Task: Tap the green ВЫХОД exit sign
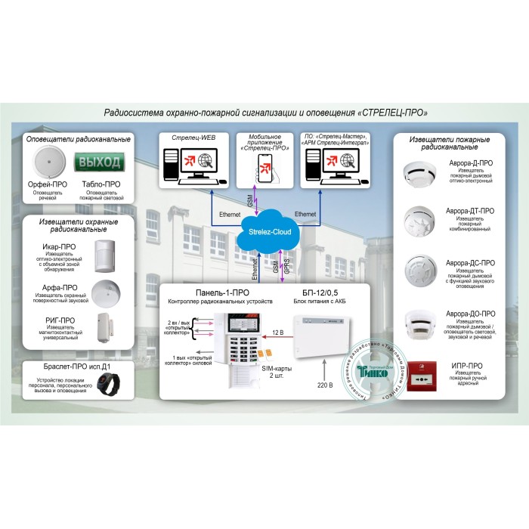(x=101, y=162)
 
